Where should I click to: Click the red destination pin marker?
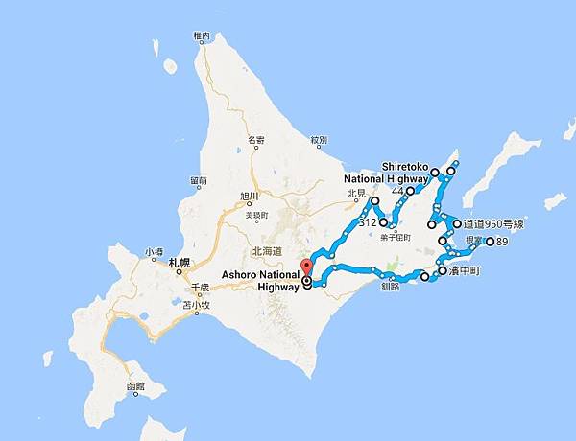[x=307, y=265]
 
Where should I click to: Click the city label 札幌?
[x=180, y=262]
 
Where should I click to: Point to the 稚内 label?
[x=201, y=36]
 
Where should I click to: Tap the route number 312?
[x=366, y=222]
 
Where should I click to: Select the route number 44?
[x=397, y=191]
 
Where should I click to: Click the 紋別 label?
[x=319, y=140]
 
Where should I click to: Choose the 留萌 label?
[x=199, y=180]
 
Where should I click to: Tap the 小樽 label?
[x=155, y=252]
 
